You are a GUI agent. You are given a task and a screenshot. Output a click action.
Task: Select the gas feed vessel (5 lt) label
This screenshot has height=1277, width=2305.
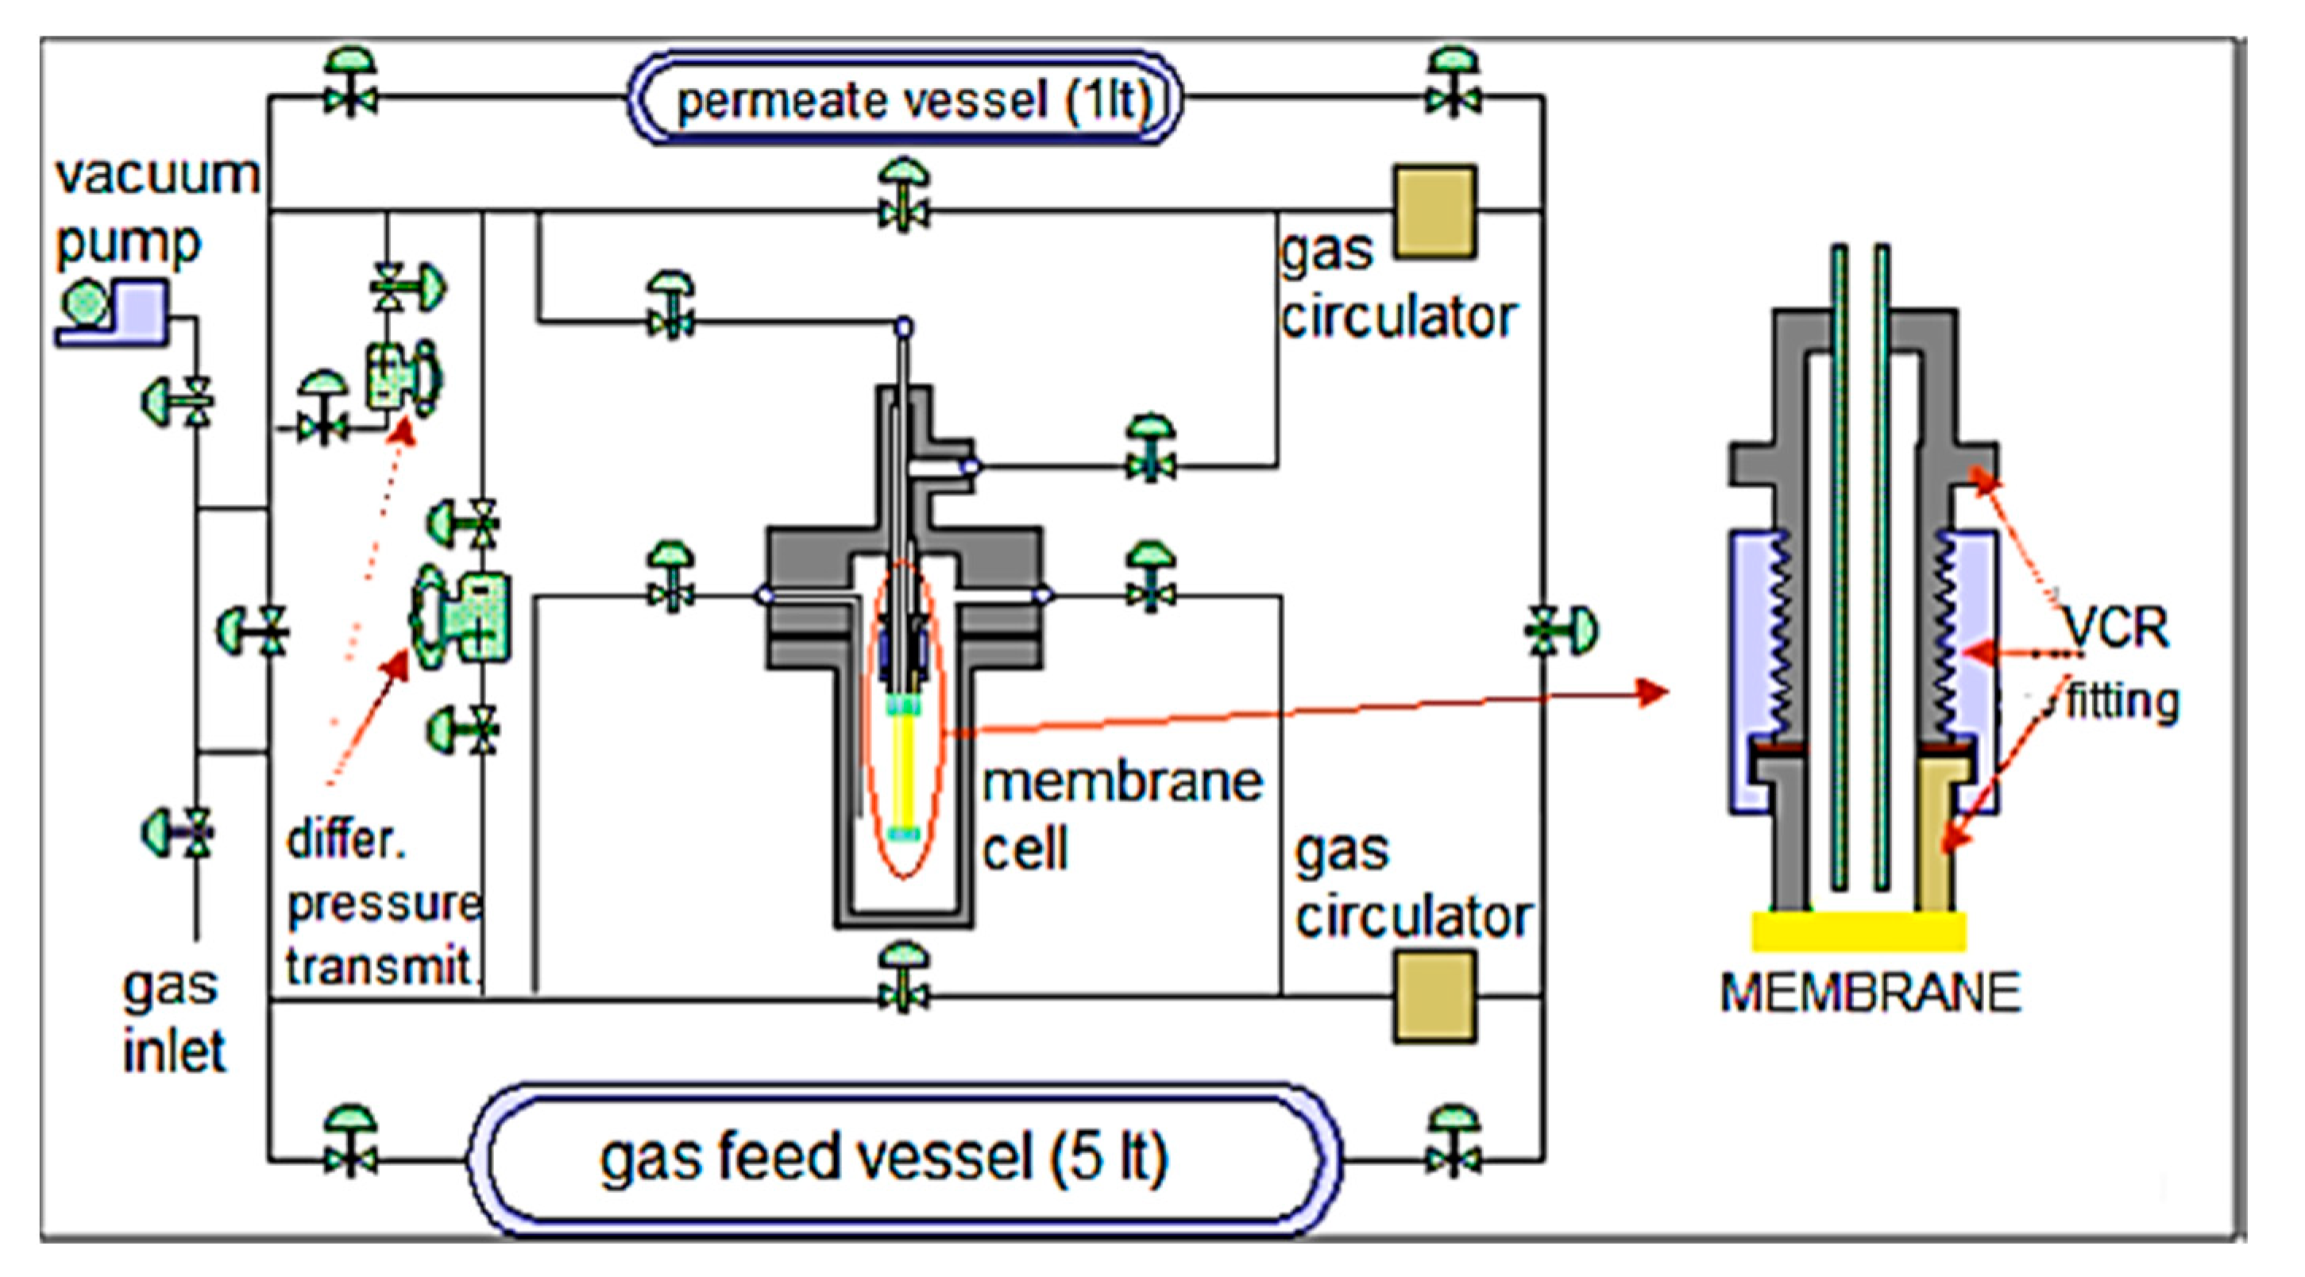coord(883,1158)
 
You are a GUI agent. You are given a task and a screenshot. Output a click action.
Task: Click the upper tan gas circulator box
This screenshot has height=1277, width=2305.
coord(1435,212)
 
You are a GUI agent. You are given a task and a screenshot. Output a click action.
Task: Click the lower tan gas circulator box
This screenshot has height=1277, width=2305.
coord(1435,996)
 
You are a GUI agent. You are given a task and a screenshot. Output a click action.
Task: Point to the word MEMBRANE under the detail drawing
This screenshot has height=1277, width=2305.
coord(1870,993)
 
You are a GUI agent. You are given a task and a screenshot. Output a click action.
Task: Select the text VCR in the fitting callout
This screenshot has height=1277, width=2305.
coord(2117,629)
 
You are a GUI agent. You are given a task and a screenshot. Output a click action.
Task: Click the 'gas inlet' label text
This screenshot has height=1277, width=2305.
coord(172,1020)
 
